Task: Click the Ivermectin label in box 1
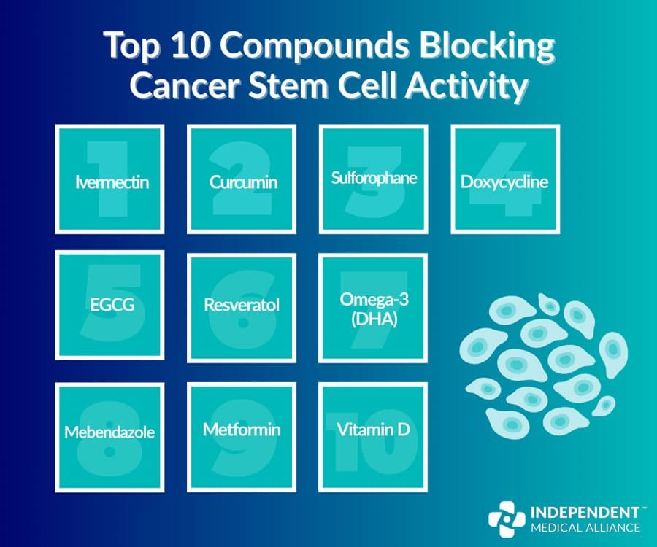[x=112, y=182]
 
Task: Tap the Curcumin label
[x=243, y=182]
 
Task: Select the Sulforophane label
[x=374, y=177]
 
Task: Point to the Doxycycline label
[x=504, y=182]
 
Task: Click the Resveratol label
[x=242, y=304]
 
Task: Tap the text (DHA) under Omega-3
[x=373, y=318]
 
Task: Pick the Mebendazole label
[x=109, y=432]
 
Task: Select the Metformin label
[x=242, y=429]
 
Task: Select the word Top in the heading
[x=130, y=48]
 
